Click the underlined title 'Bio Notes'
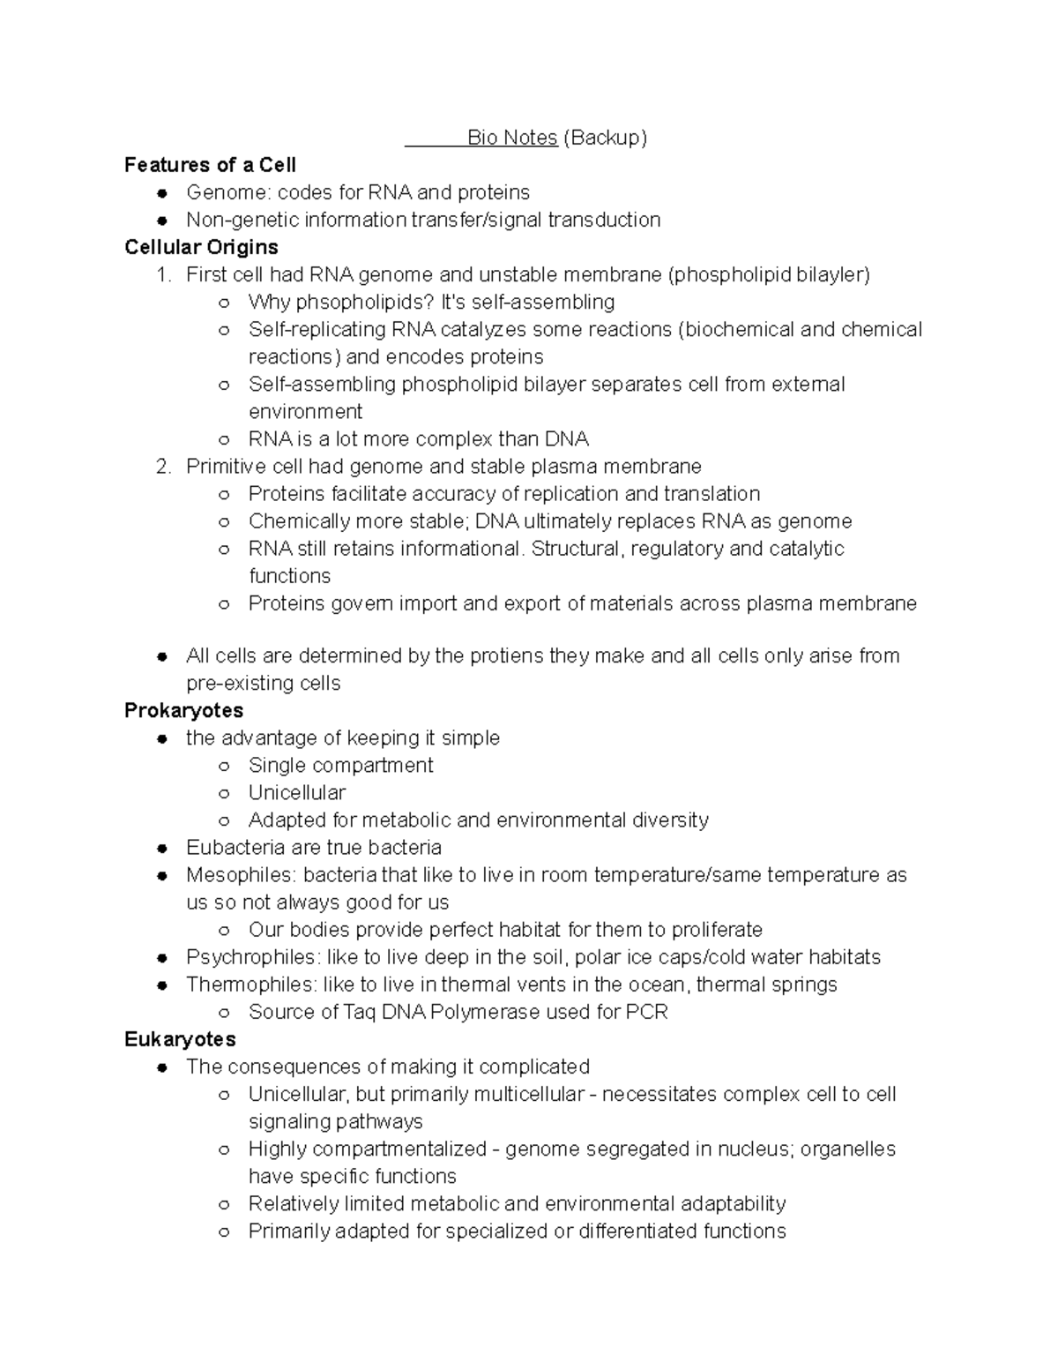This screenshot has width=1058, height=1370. click(511, 138)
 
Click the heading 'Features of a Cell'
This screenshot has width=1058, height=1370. click(210, 165)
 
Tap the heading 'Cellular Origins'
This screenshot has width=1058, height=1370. click(201, 247)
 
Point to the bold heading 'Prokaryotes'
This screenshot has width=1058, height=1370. click(183, 710)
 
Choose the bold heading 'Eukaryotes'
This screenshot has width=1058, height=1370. click(180, 1039)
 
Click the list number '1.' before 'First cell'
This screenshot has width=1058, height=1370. click(162, 274)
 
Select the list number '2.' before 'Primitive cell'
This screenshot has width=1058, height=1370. click(162, 466)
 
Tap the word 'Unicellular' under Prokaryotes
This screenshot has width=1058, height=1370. click(296, 792)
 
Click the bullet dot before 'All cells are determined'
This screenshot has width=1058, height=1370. click(162, 656)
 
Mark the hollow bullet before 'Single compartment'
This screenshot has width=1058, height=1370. click(225, 766)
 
